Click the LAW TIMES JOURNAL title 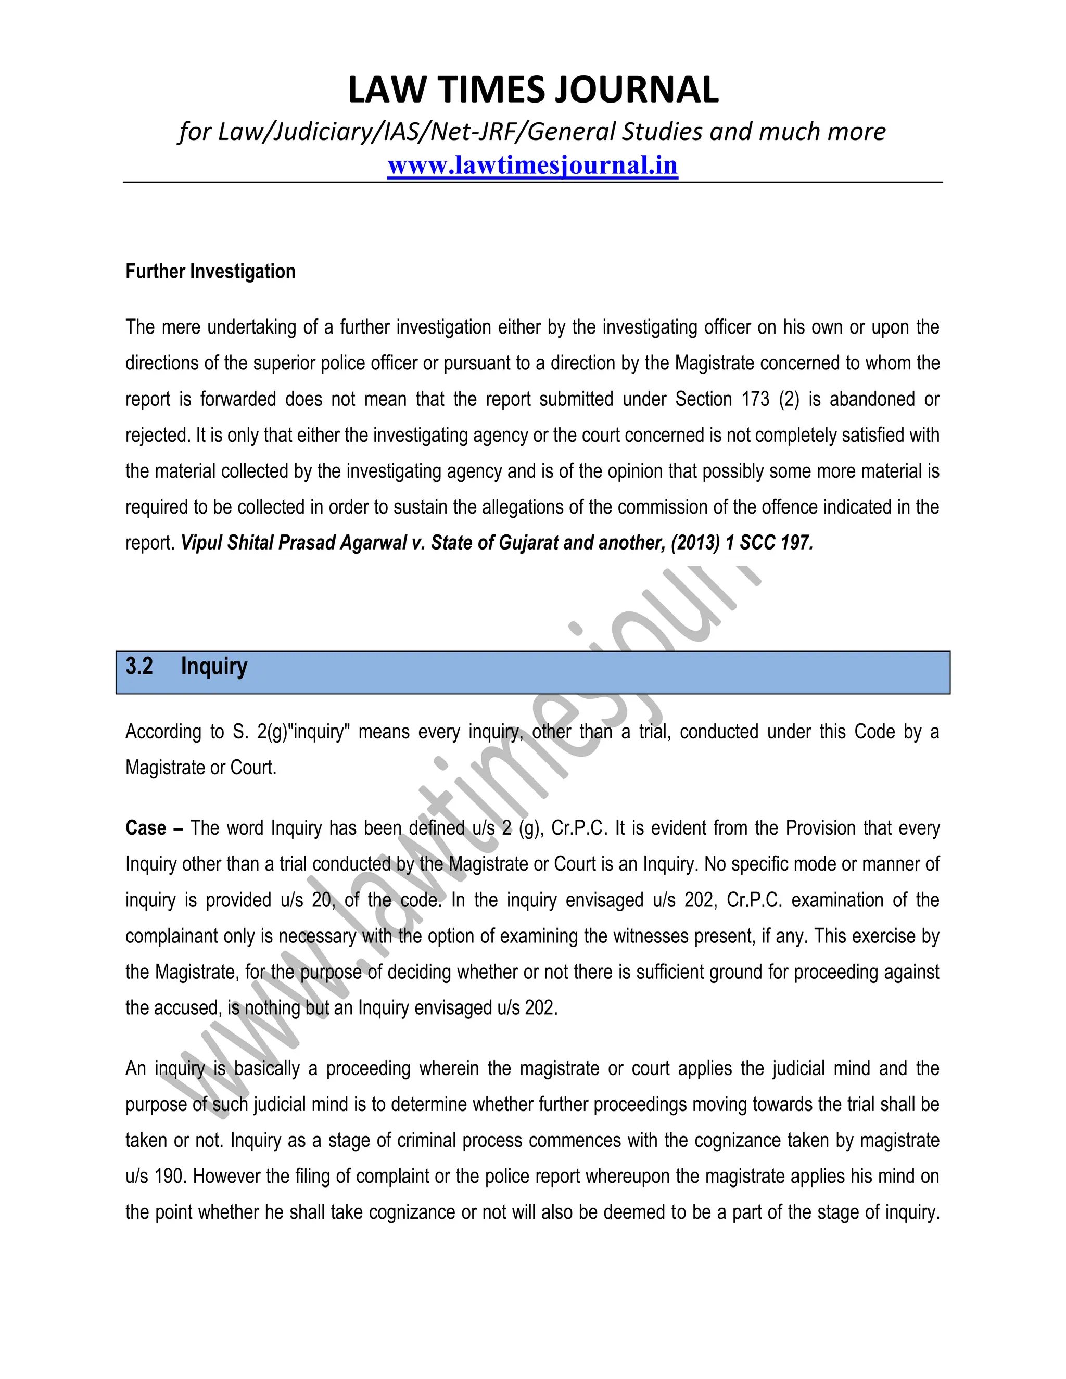(532, 90)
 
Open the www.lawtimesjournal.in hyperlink (532, 165)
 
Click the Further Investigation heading (210, 272)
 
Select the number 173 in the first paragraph (755, 400)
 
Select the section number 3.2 (139, 666)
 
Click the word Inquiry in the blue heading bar (214, 666)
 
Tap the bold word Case (146, 828)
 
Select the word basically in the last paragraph (267, 1069)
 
